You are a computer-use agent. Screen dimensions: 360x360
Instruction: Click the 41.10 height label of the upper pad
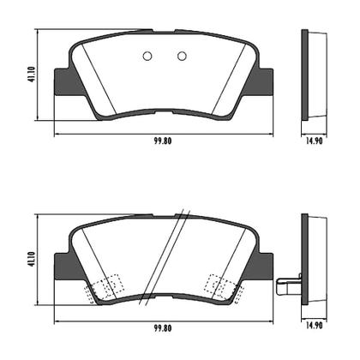click(x=33, y=75)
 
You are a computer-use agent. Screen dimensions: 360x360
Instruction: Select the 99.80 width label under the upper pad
click(x=164, y=142)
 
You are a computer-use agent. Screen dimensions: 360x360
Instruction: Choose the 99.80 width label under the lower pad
click(x=164, y=327)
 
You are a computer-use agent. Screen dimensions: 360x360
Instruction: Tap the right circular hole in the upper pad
click(x=182, y=57)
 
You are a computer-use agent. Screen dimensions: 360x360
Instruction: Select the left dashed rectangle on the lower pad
click(x=105, y=287)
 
